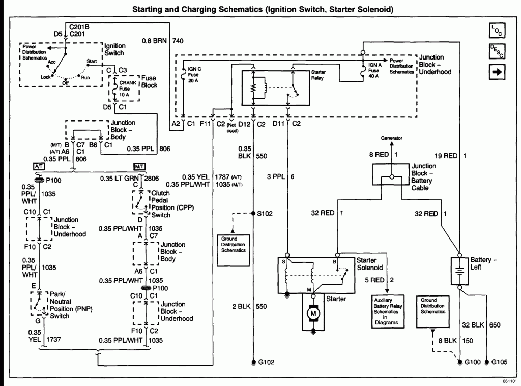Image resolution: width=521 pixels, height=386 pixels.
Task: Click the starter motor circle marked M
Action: [x=313, y=313]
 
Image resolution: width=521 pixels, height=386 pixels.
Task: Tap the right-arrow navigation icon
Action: [x=497, y=72]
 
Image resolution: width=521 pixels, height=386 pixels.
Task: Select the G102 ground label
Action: [x=267, y=362]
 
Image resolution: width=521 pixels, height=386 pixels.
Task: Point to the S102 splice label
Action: [x=265, y=213]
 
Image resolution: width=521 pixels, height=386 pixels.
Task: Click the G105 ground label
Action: [x=500, y=362]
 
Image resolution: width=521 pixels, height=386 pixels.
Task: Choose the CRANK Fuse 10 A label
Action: [x=128, y=88]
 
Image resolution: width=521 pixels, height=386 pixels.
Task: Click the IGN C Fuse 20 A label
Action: [x=194, y=75]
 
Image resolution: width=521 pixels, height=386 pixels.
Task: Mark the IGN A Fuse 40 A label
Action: [x=375, y=70]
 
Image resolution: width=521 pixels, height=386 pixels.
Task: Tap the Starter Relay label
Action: [x=319, y=75]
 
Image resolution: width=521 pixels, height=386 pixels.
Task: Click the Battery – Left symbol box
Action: [x=459, y=271]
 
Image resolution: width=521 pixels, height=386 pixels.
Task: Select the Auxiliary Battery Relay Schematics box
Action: [x=388, y=311]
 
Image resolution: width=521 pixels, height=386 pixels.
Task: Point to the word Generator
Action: [x=391, y=138]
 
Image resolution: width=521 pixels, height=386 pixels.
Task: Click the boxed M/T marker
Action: [x=139, y=166]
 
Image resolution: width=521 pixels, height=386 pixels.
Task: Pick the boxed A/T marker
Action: [x=39, y=166]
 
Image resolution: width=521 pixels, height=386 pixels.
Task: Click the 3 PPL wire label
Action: [x=276, y=176]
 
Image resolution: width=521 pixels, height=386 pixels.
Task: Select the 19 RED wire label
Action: [x=446, y=156]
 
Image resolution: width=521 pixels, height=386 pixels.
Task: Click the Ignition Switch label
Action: [x=115, y=49]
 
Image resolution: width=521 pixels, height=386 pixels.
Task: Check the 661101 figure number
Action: [x=509, y=381]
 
